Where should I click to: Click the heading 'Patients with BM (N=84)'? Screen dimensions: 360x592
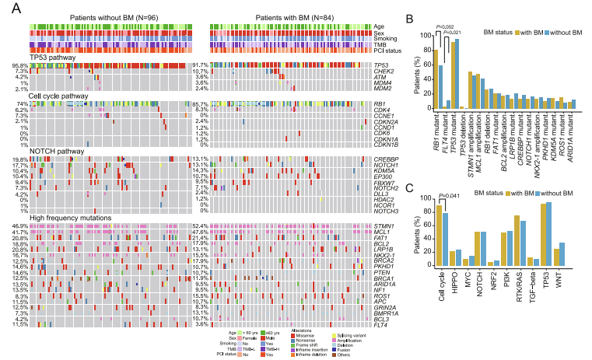[x=286, y=17]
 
